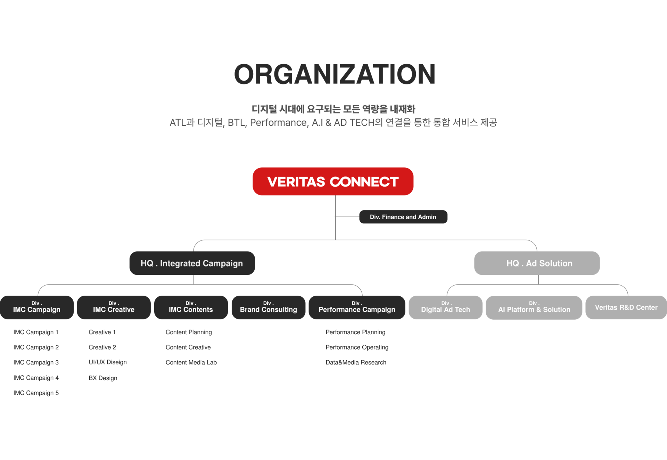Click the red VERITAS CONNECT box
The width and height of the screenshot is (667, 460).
click(333, 181)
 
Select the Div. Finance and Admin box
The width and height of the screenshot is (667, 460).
click(403, 217)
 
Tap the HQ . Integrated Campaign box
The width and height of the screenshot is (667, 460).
click(192, 263)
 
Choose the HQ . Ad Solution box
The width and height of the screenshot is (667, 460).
click(537, 263)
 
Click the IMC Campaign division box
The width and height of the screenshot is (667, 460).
click(37, 307)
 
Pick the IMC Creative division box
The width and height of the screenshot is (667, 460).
click(114, 307)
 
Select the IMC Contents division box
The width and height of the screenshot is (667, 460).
click(191, 307)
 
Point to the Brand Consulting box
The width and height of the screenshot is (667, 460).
click(268, 307)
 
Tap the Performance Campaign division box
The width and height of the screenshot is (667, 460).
click(357, 307)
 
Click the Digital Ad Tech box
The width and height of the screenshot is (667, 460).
click(445, 307)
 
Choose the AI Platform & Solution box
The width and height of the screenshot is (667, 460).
click(534, 307)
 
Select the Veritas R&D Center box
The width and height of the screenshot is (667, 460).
click(626, 307)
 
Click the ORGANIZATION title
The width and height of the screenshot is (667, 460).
click(334, 74)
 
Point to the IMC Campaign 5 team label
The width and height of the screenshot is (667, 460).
click(36, 393)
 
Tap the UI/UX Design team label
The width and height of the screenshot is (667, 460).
click(108, 362)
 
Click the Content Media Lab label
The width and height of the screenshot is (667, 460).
click(191, 362)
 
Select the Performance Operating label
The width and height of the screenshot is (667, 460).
click(357, 347)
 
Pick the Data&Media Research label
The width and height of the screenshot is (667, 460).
click(356, 362)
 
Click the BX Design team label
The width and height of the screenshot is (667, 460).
click(103, 378)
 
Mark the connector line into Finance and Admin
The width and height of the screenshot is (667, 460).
click(347, 217)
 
